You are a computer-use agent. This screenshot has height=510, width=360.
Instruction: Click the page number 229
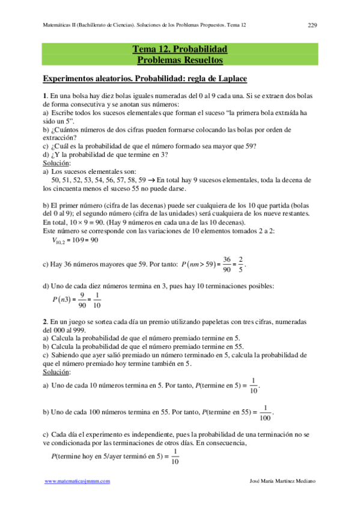[312, 25]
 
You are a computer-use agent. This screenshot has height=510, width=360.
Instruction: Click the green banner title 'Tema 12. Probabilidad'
[180, 49]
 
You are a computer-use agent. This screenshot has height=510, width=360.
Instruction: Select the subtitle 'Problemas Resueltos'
[180, 60]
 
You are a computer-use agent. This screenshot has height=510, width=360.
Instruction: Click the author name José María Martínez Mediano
[282, 482]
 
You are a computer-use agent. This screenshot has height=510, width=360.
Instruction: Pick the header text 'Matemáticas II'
[64, 25]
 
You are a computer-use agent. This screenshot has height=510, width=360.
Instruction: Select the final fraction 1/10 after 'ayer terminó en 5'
[175, 457]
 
